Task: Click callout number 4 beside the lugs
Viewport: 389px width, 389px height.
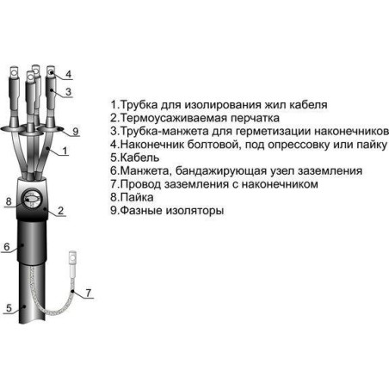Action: click(x=68, y=74)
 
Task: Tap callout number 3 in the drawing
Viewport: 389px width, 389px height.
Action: click(x=68, y=92)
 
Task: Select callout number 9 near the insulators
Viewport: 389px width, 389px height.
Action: click(x=76, y=132)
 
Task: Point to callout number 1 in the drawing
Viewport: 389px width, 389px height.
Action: click(x=65, y=151)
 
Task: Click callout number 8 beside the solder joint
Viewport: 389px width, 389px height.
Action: click(x=9, y=201)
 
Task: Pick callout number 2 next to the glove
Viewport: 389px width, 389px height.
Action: click(x=60, y=211)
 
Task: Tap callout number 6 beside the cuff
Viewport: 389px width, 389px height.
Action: click(x=7, y=247)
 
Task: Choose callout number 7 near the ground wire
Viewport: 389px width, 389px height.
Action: click(x=89, y=293)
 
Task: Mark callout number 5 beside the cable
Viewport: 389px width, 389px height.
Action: click(x=9, y=308)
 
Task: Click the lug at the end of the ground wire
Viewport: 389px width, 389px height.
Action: click(x=72, y=258)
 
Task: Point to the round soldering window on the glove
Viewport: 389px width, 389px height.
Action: click(x=32, y=199)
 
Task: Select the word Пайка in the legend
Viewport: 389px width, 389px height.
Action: click(x=137, y=197)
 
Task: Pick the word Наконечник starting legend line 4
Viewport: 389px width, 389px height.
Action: click(x=152, y=145)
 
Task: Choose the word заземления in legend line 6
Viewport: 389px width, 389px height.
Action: click(x=330, y=171)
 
